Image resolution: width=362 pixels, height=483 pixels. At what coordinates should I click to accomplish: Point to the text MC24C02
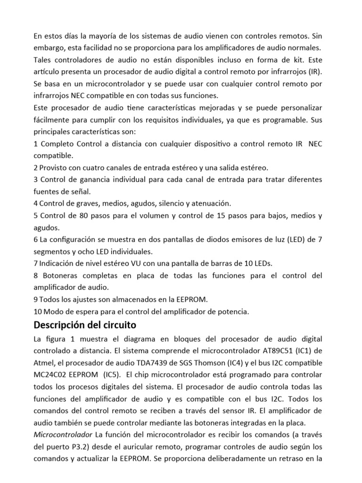coord(49,375)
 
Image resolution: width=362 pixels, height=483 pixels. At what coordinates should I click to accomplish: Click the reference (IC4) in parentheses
coord(238,363)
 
